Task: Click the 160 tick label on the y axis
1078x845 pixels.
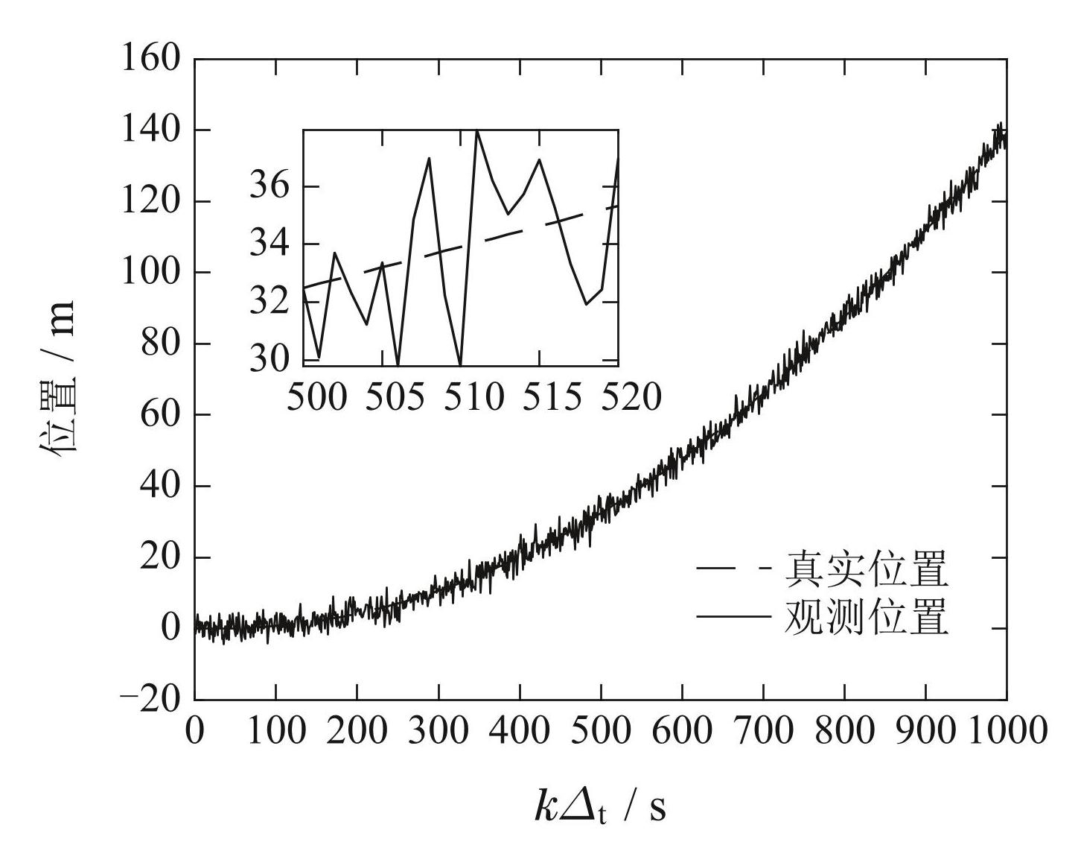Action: click(x=151, y=59)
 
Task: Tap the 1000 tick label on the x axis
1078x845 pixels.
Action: click(x=1006, y=731)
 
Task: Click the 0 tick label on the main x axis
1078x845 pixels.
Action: click(x=194, y=731)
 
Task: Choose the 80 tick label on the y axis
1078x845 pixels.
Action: click(x=160, y=344)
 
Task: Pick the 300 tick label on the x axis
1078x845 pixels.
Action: click(x=438, y=731)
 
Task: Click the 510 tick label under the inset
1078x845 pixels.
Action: click(x=473, y=397)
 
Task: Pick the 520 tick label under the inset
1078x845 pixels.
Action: click(x=631, y=397)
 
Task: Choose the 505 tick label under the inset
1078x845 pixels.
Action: click(x=396, y=397)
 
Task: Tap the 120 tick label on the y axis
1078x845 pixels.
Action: click(x=151, y=202)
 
